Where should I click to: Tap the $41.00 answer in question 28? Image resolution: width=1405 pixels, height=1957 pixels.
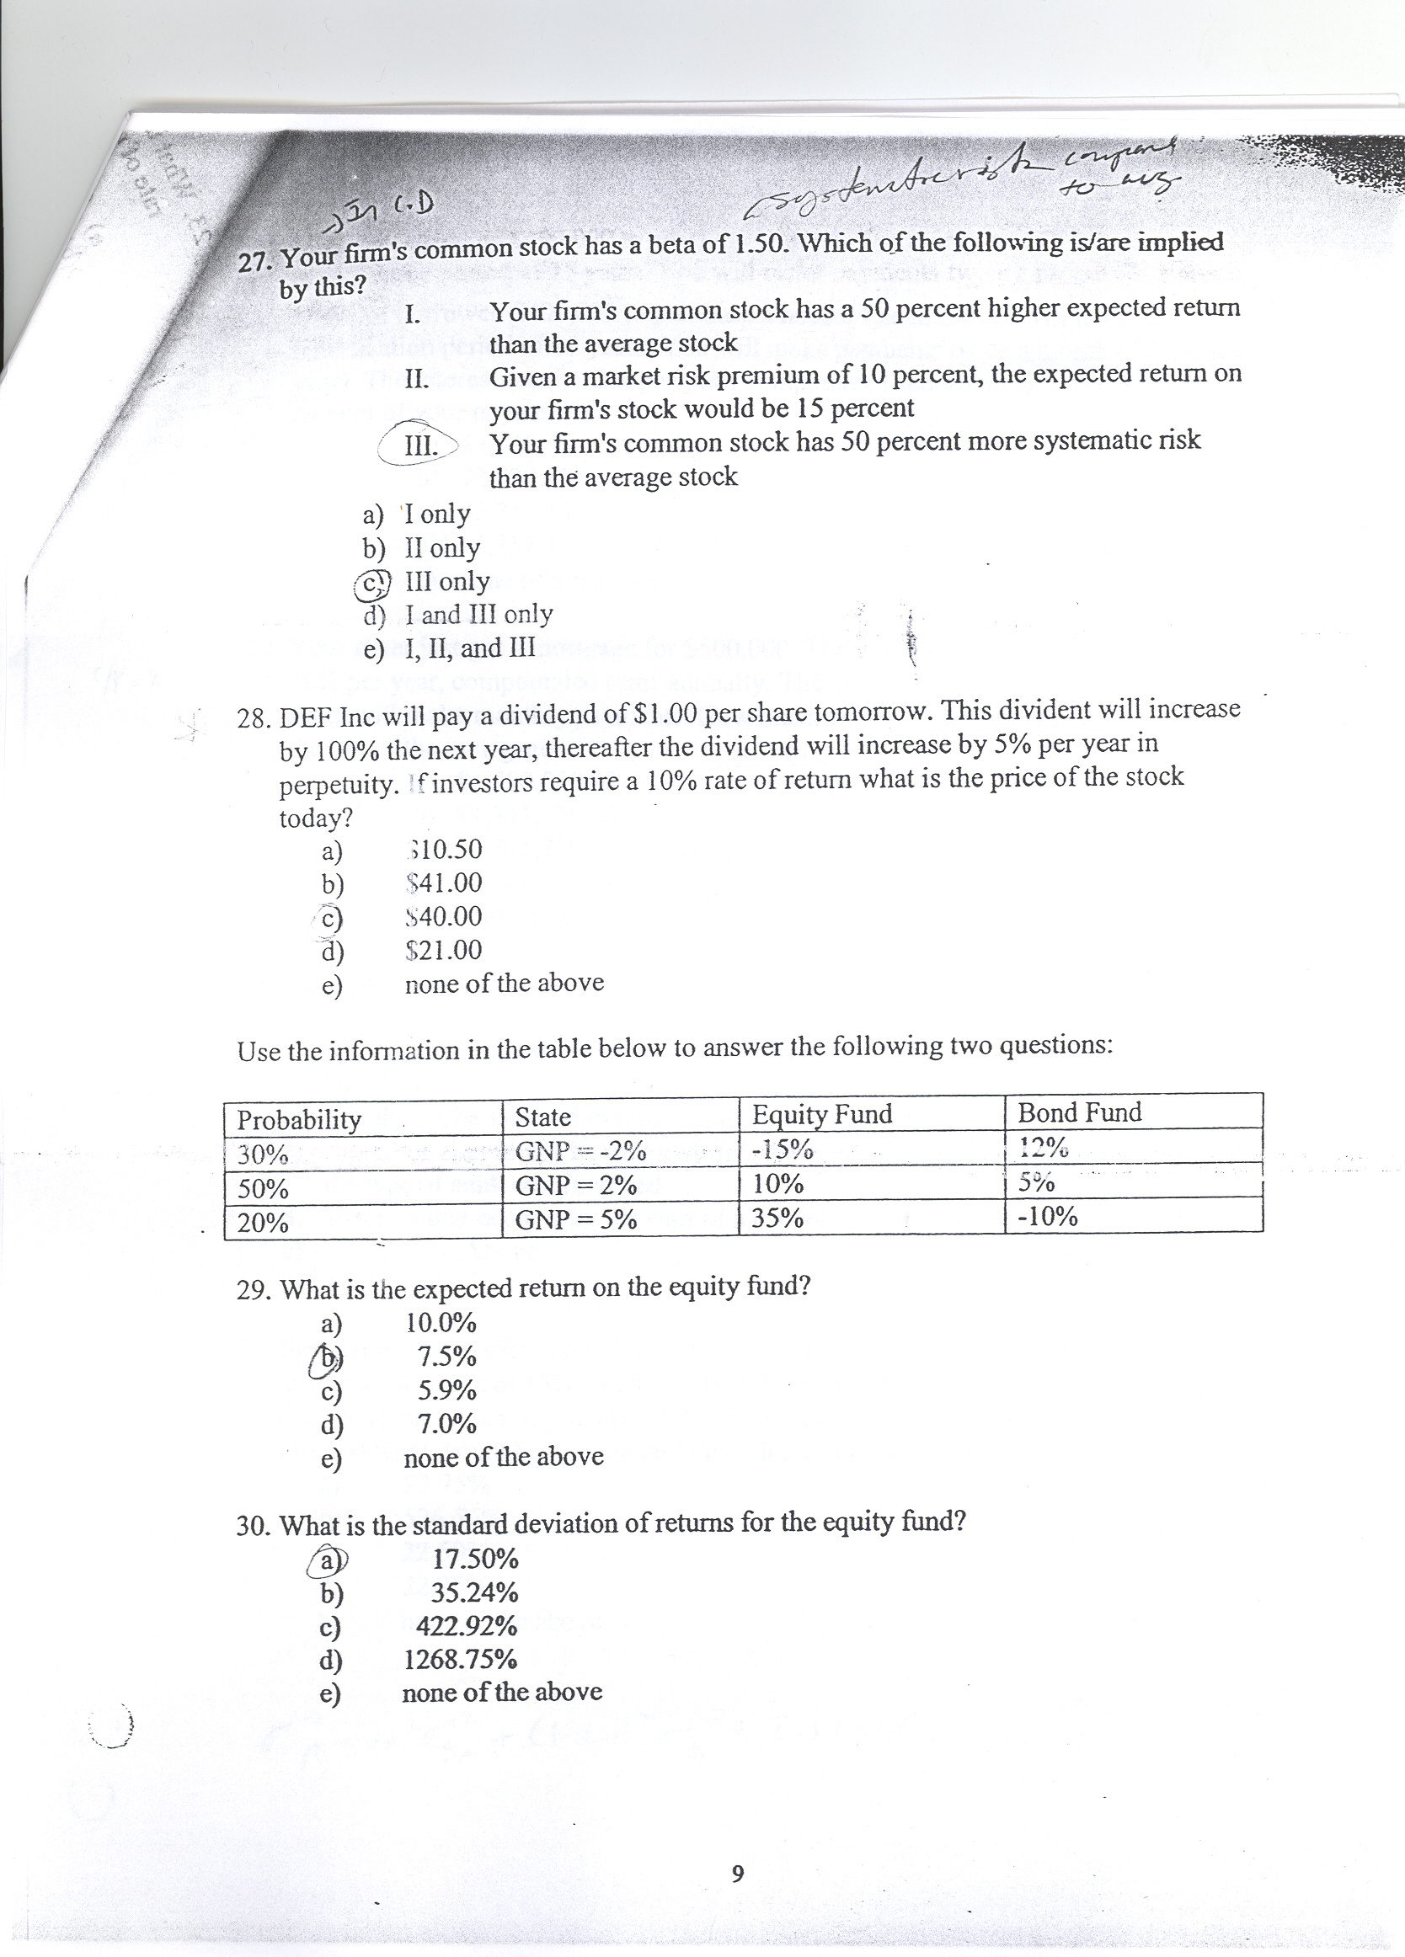pyautogui.click(x=444, y=883)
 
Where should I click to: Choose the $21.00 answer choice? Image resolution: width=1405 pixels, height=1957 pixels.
pyautogui.click(x=444, y=950)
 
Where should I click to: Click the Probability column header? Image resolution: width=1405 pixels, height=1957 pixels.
pyautogui.click(x=299, y=1120)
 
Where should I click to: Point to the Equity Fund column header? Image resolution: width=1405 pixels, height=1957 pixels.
pyautogui.click(x=821, y=1115)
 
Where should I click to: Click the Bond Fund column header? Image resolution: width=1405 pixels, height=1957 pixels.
pyautogui.click(x=1080, y=1112)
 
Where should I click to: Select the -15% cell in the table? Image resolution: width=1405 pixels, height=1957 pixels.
pyautogui.click(x=783, y=1150)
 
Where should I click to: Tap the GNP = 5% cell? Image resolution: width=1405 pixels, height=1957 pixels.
pyautogui.click(x=575, y=1220)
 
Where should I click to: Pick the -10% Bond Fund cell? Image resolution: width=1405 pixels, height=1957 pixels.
pyautogui.click(x=1048, y=1217)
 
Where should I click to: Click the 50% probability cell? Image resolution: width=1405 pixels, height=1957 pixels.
pyautogui.click(x=262, y=1189)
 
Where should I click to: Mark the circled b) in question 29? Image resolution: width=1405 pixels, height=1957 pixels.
pyautogui.click(x=327, y=1357)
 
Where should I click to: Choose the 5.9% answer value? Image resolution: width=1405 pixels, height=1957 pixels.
pyautogui.click(x=447, y=1390)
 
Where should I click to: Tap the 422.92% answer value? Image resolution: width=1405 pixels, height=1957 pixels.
pyautogui.click(x=466, y=1626)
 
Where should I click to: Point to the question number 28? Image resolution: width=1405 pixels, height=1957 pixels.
pyautogui.click(x=253, y=718)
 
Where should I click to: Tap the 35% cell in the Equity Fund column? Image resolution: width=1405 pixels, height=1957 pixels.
pyautogui.click(x=777, y=1218)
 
